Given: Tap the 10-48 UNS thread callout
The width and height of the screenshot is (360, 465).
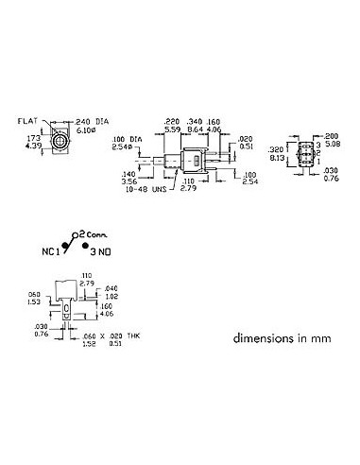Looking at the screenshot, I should click(149, 187).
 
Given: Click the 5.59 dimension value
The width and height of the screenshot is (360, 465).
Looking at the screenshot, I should click(173, 129).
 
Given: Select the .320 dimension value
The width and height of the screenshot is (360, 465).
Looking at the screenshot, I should click(277, 148).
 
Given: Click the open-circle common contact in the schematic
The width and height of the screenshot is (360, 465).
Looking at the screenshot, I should click(78, 232).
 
